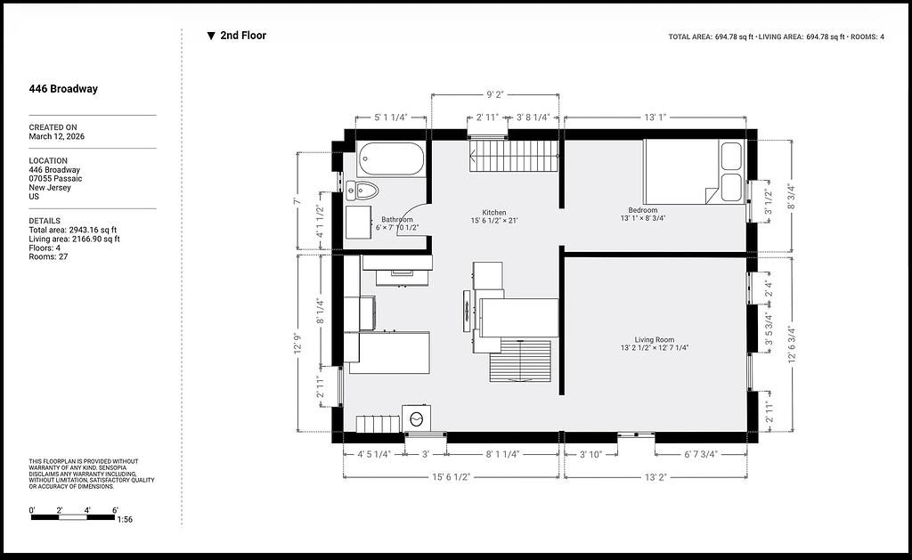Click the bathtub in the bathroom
392,158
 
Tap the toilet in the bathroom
362,190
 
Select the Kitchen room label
493,212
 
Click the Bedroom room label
643,210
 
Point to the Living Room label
655,339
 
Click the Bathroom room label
397,219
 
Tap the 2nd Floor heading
243,36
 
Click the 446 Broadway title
63,89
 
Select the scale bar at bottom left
73,517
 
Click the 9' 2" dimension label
495,94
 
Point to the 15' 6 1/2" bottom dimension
451,477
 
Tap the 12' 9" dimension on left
298,343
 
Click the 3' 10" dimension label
591,454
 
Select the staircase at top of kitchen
514,156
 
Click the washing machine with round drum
417,418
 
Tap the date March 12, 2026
56,136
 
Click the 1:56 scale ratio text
125,519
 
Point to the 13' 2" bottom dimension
655,477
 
